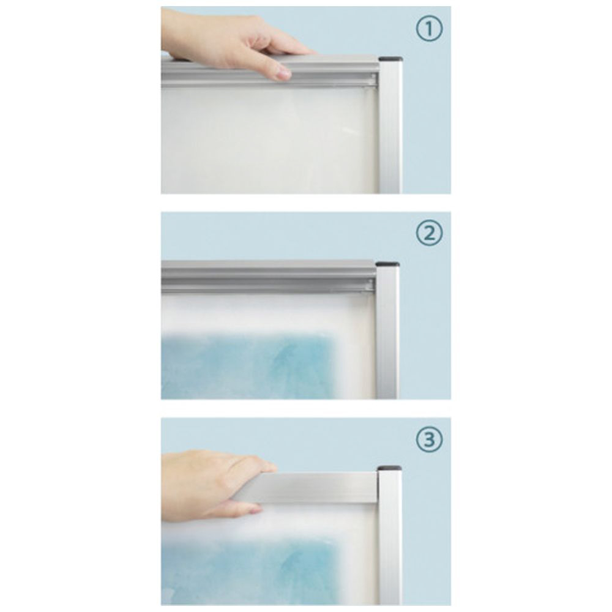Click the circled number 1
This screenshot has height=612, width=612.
click(429, 29)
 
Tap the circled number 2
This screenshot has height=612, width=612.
click(429, 234)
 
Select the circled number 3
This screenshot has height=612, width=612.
click(429, 439)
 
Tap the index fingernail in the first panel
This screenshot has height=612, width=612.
click(283, 73)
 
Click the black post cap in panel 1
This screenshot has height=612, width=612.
click(390, 59)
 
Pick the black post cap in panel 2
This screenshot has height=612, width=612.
click(387, 264)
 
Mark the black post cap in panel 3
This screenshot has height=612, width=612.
click(389, 468)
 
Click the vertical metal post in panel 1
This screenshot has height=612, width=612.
click(389, 127)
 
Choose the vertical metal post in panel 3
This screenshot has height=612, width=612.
click(389, 538)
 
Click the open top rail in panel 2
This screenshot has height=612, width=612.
click(269, 277)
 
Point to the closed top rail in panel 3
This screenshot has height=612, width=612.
click(308, 488)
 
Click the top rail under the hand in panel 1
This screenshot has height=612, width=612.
click(269, 71)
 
